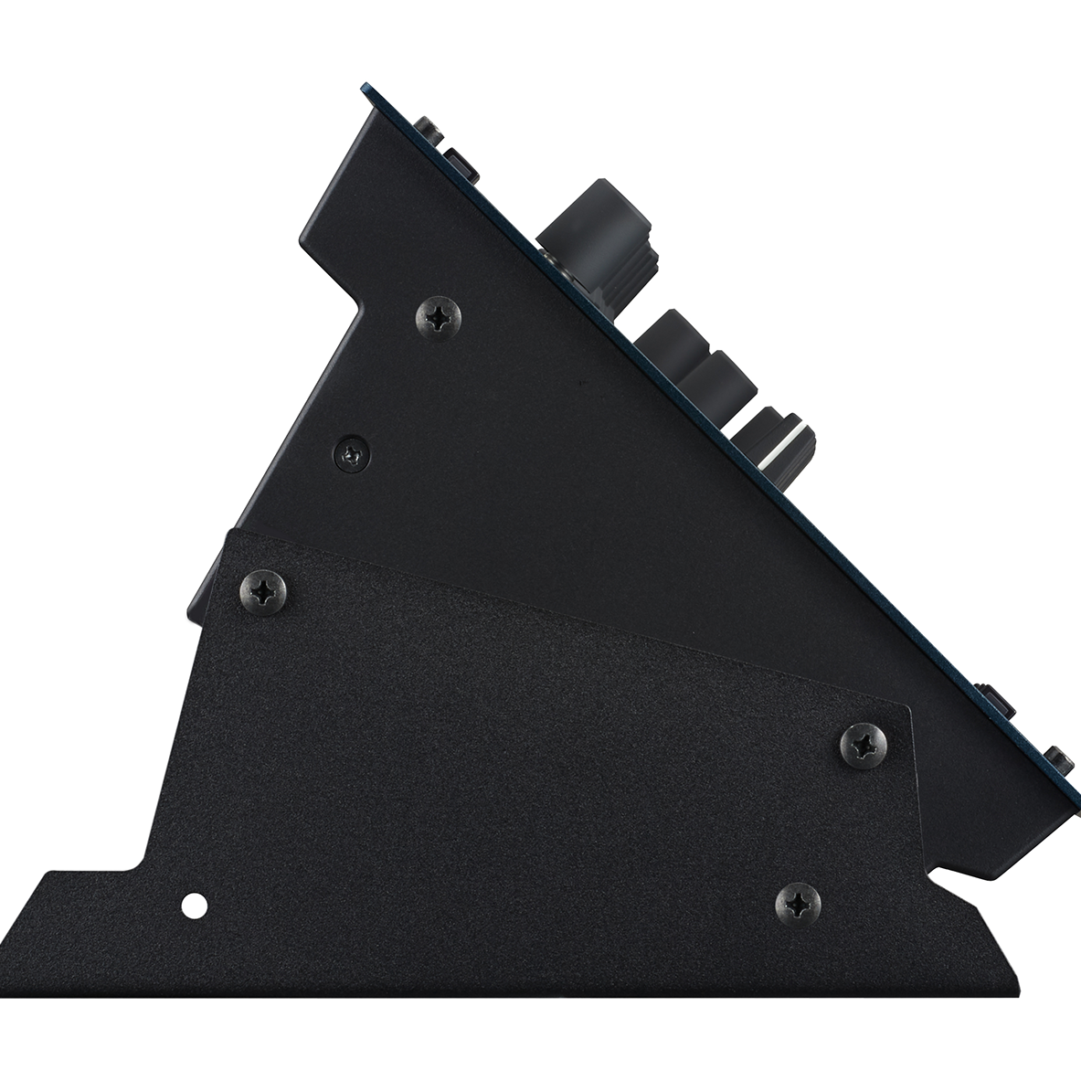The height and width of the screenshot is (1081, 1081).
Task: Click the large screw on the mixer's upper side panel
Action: [x=439, y=317]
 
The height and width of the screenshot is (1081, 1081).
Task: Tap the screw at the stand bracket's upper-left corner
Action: [x=265, y=591]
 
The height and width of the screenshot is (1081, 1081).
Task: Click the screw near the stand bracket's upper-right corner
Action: [x=864, y=743]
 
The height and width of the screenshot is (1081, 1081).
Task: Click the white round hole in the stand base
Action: [x=193, y=906]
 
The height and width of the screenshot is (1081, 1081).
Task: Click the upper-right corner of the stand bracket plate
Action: [x=910, y=707]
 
